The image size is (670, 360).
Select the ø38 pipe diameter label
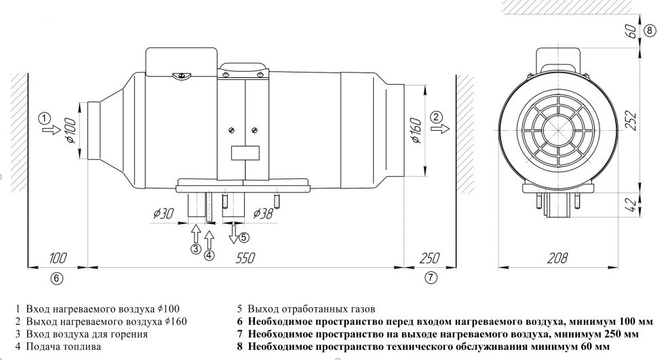[x=264, y=214]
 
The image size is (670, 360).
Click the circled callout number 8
[x=650, y=31]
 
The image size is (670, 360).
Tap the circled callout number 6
[x=57, y=277]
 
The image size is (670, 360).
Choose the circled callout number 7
[x=431, y=277]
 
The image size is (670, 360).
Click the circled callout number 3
[x=195, y=249]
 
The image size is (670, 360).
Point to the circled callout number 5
[x=244, y=237]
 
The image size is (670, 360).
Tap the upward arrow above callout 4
[x=209, y=238]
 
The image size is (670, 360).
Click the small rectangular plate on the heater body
[x=244, y=153]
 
